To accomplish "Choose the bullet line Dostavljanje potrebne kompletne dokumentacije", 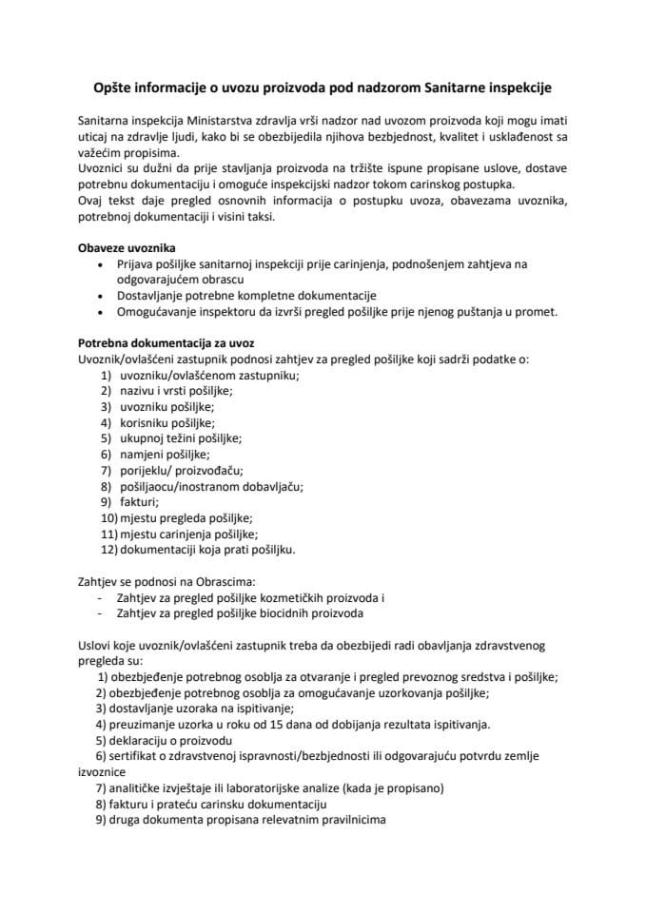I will coord(247,295).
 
